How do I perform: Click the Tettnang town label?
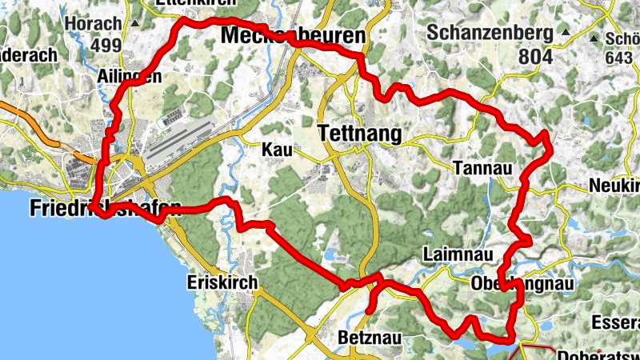tap(359, 134)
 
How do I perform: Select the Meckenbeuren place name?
tap(293, 36)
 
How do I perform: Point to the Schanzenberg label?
tap(490, 34)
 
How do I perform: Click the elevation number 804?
tap(534, 57)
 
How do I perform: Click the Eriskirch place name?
tap(222, 282)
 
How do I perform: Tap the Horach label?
tap(92, 24)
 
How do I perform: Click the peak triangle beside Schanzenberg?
tap(566, 34)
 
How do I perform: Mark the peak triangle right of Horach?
tap(135, 24)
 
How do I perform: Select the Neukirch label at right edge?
tap(614, 186)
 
